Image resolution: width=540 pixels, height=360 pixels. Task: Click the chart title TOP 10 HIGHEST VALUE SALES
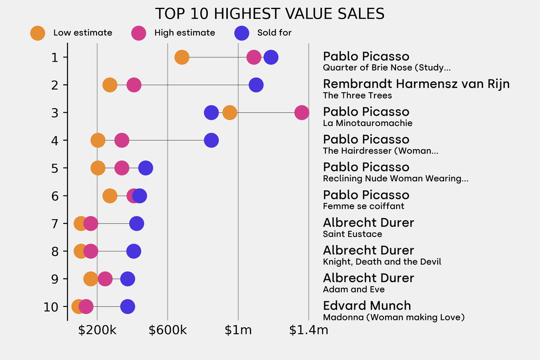(x=269, y=14)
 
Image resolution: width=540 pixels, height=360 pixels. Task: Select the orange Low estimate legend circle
(x=37, y=33)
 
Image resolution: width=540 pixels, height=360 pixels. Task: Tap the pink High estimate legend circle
(x=139, y=33)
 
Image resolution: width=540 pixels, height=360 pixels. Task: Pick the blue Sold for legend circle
(x=242, y=33)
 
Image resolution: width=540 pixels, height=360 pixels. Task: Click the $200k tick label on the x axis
(x=97, y=330)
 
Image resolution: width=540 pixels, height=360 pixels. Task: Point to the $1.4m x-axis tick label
(x=308, y=330)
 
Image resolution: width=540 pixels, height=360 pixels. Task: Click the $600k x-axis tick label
(x=168, y=330)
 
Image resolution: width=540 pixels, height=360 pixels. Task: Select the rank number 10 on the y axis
(x=51, y=306)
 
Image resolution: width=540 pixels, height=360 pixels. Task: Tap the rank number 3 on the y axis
(x=55, y=112)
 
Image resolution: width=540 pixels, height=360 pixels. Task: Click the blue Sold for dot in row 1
(x=271, y=57)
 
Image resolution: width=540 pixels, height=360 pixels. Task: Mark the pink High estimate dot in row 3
(x=302, y=112)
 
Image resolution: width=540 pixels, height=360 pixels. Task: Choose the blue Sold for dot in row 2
(x=256, y=85)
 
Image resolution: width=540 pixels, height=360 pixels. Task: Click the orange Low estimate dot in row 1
(x=181, y=57)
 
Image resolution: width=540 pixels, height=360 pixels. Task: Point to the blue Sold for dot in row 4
(x=211, y=140)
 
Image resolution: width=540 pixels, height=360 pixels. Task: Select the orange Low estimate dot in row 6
(x=110, y=196)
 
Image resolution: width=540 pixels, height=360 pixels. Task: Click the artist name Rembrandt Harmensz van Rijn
(x=416, y=84)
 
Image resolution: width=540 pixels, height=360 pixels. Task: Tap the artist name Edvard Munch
(x=367, y=306)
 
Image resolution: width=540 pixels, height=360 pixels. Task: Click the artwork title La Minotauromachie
(x=368, y=123)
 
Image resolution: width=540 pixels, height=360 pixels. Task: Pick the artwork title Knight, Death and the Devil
(x=382, y=262)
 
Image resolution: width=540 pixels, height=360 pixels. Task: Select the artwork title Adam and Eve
(x=353, y=289)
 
